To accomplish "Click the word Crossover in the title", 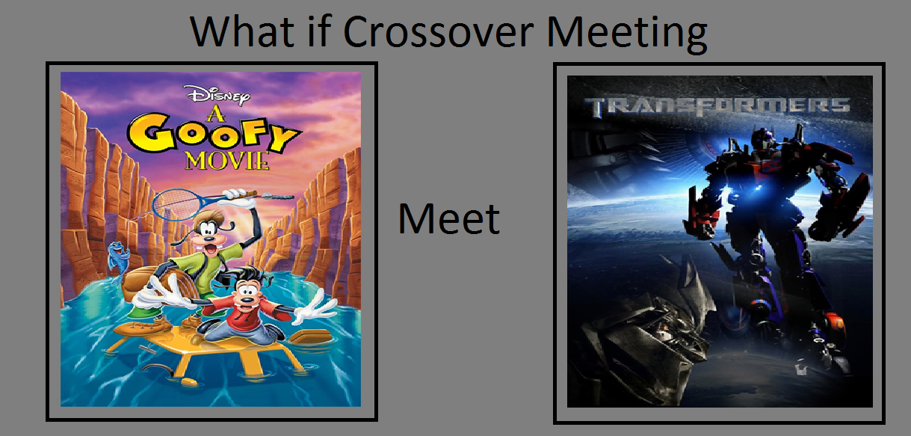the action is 439,31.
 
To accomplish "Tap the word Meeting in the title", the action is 627,34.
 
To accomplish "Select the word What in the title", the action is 242,31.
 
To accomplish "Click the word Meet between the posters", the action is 449,218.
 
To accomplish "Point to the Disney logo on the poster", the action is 217,95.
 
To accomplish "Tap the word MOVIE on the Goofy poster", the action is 227,161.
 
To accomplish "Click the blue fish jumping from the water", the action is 118,258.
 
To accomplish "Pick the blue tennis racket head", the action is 182,205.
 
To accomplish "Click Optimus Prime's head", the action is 762,139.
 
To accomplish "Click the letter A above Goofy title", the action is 216,114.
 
